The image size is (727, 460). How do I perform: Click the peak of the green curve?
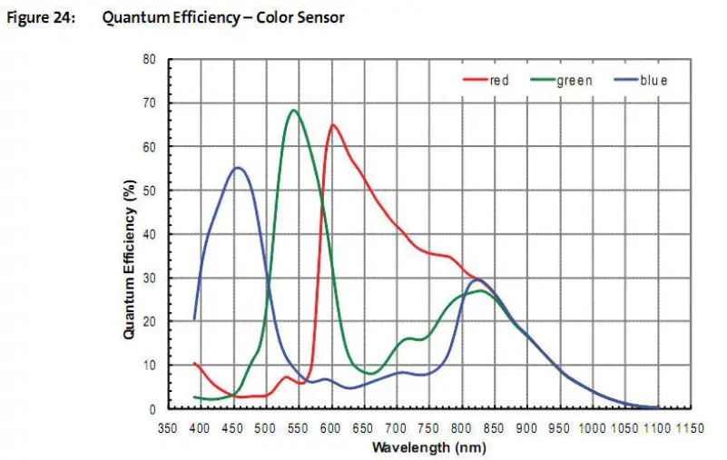[x=293, y=111]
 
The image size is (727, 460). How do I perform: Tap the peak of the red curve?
[x=332, y=125]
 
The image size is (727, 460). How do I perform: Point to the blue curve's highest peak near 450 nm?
[x=237, y=168]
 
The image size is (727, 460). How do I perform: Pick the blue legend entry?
[x=652, y=81]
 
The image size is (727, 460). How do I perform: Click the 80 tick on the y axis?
[x=151, y=60]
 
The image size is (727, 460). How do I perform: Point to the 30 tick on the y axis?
[x=151, y=278]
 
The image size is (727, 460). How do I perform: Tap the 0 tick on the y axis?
[x=153, y=409]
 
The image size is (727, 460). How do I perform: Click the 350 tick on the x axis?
[x=168, y=427]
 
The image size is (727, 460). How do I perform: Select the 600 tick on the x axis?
[x=331, y=427]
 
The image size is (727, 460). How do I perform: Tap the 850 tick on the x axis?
[x=495, y=427]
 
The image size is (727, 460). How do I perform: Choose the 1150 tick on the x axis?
[x=691, y=427]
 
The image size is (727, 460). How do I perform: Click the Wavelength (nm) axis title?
[x=428, y=447]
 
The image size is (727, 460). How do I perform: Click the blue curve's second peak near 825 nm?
[x=478, y=279]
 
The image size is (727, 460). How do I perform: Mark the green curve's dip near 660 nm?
[x=371, y=373]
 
